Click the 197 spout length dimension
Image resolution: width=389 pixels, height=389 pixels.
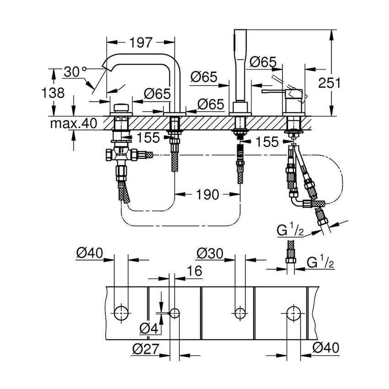140,43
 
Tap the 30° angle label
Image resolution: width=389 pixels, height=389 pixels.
72,72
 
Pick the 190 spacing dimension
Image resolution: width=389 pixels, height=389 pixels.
208,194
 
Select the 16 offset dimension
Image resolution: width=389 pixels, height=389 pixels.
194,271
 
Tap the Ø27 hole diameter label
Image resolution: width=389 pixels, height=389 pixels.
143,349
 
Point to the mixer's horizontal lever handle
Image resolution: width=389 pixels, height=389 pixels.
275,92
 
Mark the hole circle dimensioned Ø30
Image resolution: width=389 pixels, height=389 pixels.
239,313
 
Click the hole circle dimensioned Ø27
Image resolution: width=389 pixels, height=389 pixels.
175,313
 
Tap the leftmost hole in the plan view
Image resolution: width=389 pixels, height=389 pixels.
121,313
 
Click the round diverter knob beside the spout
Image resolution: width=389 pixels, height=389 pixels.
120,108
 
